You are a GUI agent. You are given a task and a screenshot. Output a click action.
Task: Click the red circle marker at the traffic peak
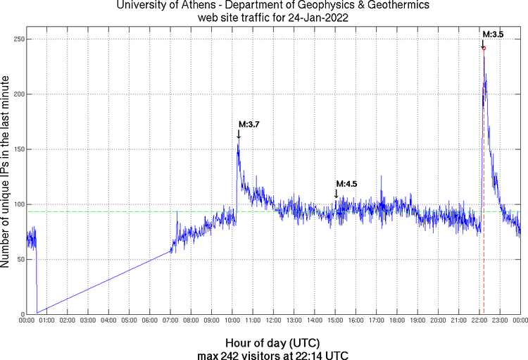click(x=484, y=48)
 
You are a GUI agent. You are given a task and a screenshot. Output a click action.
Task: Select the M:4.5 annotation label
click(x=346, y=184)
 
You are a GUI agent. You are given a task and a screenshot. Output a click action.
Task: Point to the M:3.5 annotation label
click(x=494, y=34)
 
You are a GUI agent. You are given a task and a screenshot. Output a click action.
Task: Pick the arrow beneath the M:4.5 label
click(x=337, y=193)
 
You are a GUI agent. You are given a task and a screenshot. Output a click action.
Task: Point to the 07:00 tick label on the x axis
click(x=170, y=321)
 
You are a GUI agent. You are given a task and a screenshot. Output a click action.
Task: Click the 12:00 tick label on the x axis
click(x=273, y=321)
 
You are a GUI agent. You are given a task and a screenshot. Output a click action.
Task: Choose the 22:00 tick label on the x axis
click(x=479, y=321)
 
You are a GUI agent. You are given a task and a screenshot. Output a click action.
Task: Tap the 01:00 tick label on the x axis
click(x=47, y=321)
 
